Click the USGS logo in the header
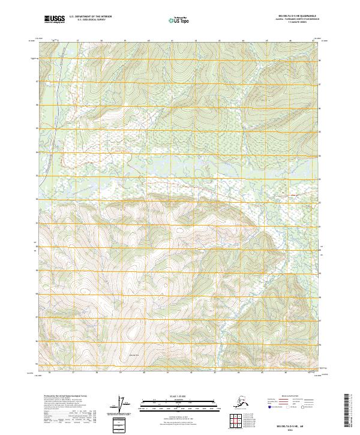pyautogui.click(x=55, y=20)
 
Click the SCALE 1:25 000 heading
pyautogui.click(x=178, y=397)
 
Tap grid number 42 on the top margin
pyautogui.click(x=195, y=41)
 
